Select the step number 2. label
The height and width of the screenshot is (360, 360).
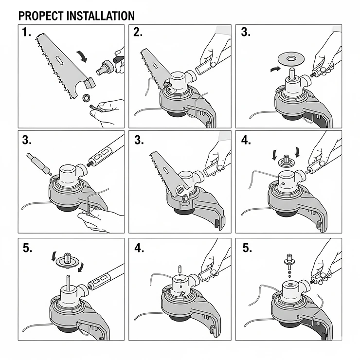click(x=139, y=33)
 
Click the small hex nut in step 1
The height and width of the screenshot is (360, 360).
click(x=86, y=97)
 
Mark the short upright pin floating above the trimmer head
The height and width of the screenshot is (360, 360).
click(x=180, y=268)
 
